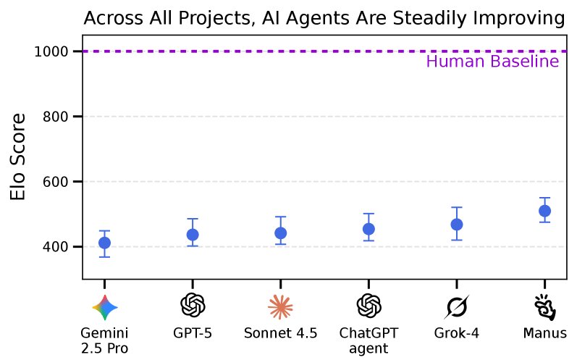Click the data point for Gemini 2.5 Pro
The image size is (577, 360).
[104, 243]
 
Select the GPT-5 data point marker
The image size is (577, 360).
[193, 235]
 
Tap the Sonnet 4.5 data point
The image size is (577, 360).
[280, 233]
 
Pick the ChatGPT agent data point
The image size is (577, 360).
[368, 229]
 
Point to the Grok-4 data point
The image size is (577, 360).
[457, 225]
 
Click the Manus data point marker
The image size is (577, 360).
[544, 211]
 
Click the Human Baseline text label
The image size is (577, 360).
[492, 62]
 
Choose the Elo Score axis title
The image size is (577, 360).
[20, 156]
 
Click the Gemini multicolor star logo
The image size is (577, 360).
[104, 307]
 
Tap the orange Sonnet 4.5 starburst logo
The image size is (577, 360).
[280, 307]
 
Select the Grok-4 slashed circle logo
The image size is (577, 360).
[457, 307]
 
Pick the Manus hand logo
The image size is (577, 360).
[544, 307]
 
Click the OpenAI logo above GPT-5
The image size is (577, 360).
[193, 306]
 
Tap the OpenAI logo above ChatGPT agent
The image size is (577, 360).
[368, 306]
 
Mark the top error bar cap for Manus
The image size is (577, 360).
[544, 198]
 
